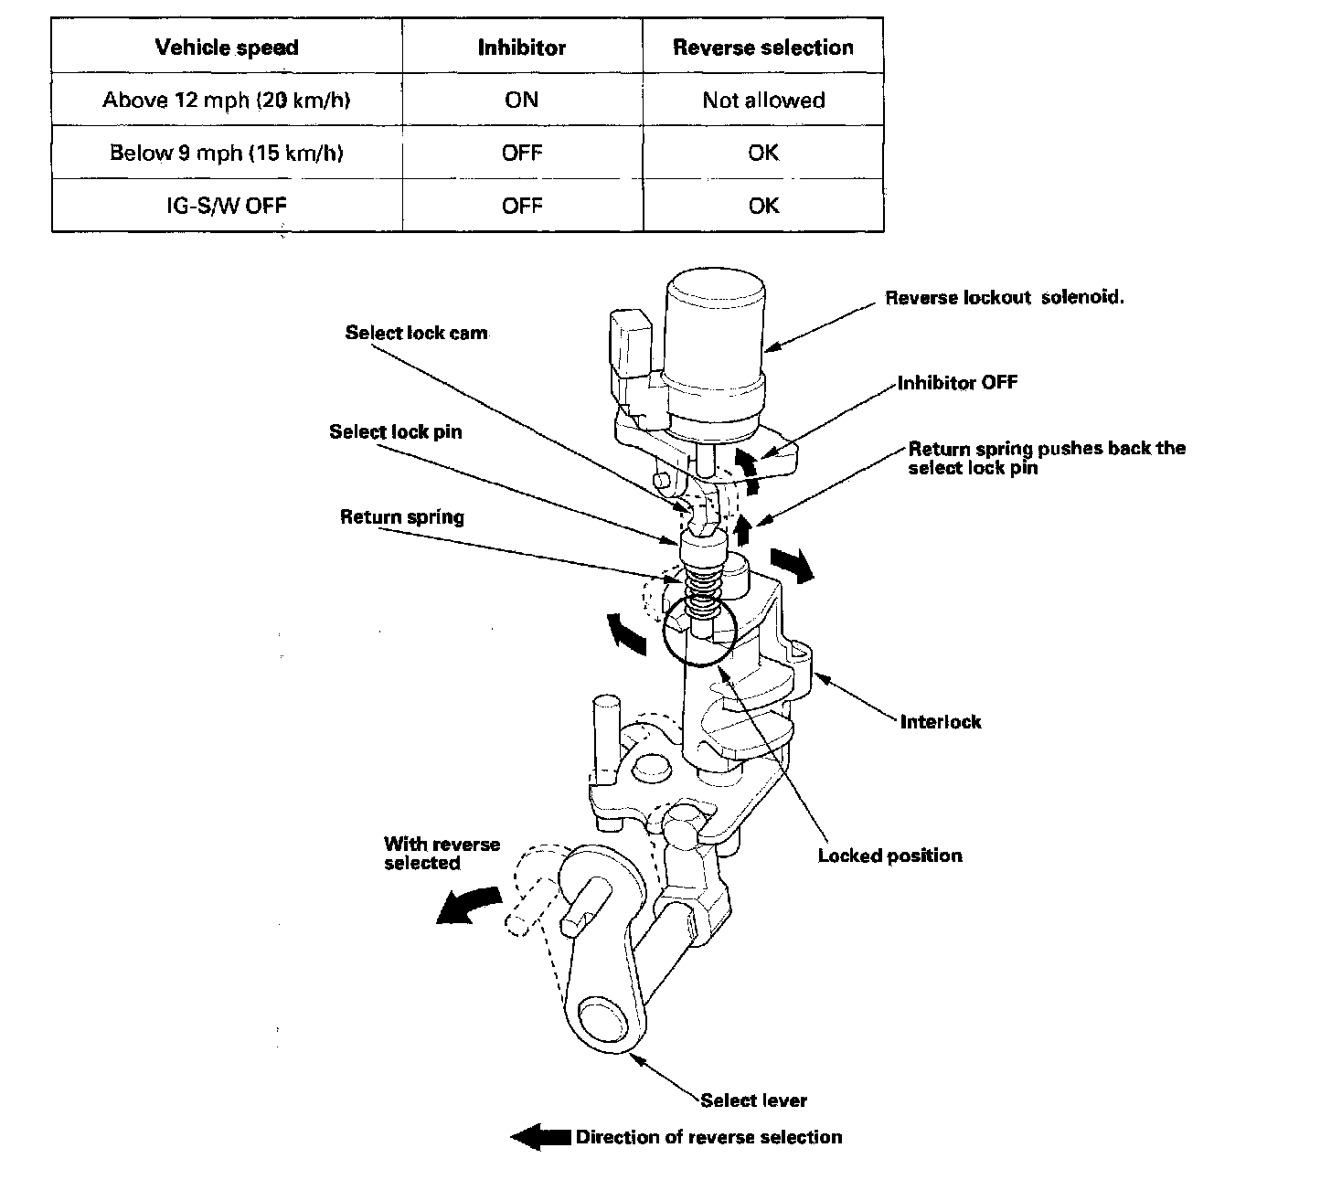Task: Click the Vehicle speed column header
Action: [227, 48]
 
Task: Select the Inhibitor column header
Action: [522, 48]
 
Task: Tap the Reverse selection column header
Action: [763, 48]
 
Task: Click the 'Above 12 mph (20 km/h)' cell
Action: [227, 100]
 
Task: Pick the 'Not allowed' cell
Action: [763, 100]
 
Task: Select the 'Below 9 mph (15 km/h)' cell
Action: [227, 153]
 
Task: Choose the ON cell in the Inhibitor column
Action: [522, 100]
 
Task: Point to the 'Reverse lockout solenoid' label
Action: [1004, 298]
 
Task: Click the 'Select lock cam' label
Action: [416, 333]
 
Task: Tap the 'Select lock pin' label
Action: [396, 431]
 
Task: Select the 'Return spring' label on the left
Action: [402, 517]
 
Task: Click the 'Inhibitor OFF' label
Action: [957, 382]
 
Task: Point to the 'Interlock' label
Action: [941, 722]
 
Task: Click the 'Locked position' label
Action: [889, 856]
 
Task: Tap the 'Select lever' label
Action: [754, 1100]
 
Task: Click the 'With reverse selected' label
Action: [442, 853]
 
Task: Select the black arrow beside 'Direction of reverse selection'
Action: [540, 1137]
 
